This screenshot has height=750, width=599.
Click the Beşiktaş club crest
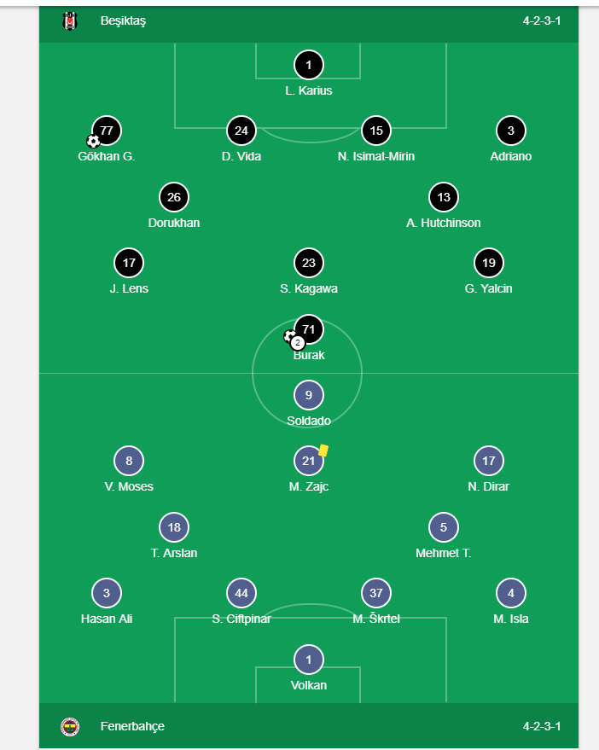pos(70,21)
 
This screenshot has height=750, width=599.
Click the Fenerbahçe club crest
pos(70,726)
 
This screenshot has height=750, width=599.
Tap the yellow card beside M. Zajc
pos(324,450)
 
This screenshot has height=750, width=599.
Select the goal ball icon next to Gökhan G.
pos(93,141)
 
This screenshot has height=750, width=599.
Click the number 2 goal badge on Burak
pos(298,343)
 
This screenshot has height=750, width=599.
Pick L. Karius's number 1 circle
pos(309,65)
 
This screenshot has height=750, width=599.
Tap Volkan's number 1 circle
pos(309,660)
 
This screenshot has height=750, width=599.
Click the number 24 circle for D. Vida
pos(241,131)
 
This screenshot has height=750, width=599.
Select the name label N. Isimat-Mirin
pos(376,156)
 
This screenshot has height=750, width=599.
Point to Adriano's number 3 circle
pos(511,131)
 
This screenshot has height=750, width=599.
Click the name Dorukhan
pos(174,223)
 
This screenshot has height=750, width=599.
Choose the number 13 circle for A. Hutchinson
pos(444,197)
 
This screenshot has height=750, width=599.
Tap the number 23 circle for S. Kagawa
pos(309,263)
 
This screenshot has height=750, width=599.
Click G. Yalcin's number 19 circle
pos(489,263)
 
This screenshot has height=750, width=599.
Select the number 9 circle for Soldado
pos(309,395)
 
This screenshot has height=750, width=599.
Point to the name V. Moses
pos(129,486)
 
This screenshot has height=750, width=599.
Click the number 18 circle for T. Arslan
pos(174,527)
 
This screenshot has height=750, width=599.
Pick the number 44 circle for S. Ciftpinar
pos(241,593)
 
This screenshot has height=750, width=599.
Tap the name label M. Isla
pos(511,619)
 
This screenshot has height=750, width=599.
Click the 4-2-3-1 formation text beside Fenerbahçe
pos(542,726)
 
